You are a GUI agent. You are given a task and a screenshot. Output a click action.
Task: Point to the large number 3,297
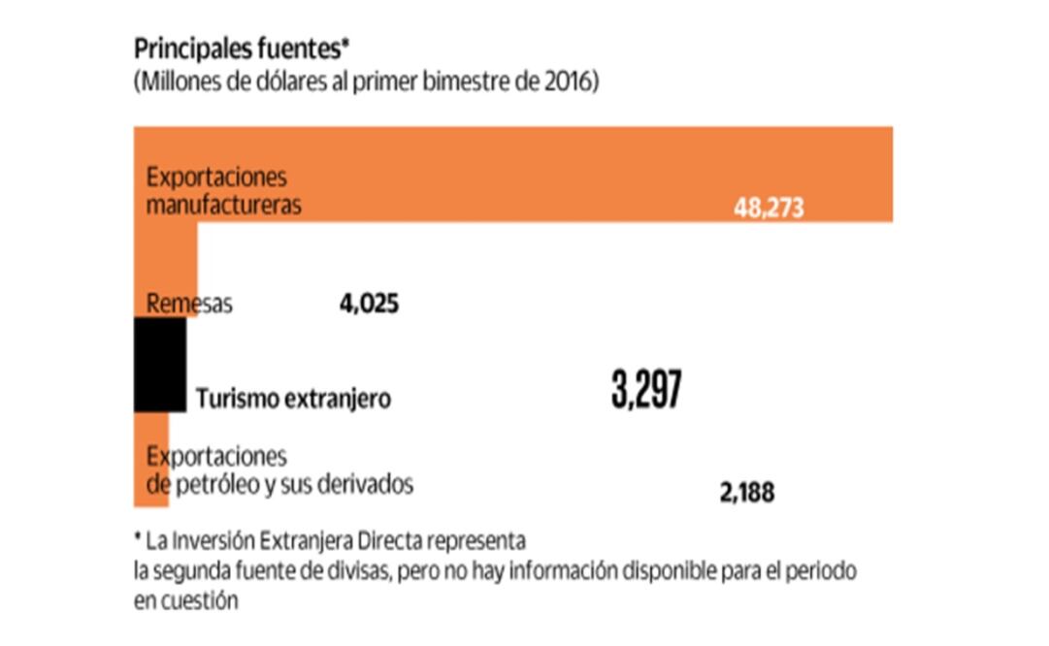click(x=646, y=390)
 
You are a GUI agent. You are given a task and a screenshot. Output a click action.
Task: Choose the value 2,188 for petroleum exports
click(x=747, y=493)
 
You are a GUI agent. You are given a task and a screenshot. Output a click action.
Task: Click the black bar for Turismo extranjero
click(x=159, y=365)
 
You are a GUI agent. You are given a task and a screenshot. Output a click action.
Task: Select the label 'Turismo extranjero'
click(x=293, y=399)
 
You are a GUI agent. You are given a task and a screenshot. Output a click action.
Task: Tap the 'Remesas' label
click(x=190, y=303)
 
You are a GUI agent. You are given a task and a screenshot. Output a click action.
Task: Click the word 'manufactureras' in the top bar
click(x=224, y=206)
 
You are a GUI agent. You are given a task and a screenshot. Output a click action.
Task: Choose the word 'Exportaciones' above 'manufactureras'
click(x=216, y=178)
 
